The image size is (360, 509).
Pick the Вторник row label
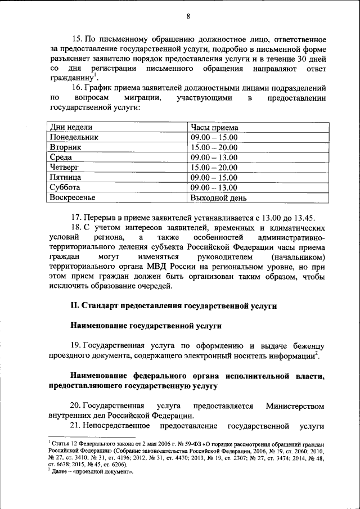coord(66,147)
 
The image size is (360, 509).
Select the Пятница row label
coord(65,177)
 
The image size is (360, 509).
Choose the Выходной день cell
coord(218,197)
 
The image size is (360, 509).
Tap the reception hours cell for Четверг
coord(214,167)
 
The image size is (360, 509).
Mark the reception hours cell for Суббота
coord(214,187)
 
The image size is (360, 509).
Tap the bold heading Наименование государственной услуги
coord(146,326)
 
